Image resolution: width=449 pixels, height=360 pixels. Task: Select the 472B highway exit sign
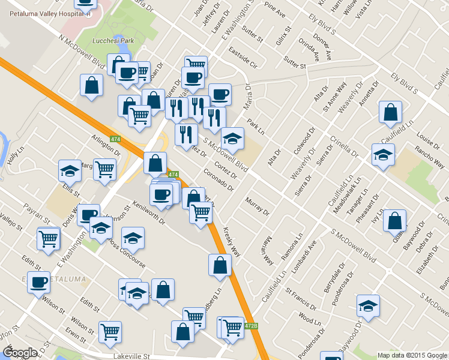click(252, 326)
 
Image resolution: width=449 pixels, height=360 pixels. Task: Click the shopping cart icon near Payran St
click(48, 238)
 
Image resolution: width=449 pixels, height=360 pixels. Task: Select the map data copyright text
click(412, 355)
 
